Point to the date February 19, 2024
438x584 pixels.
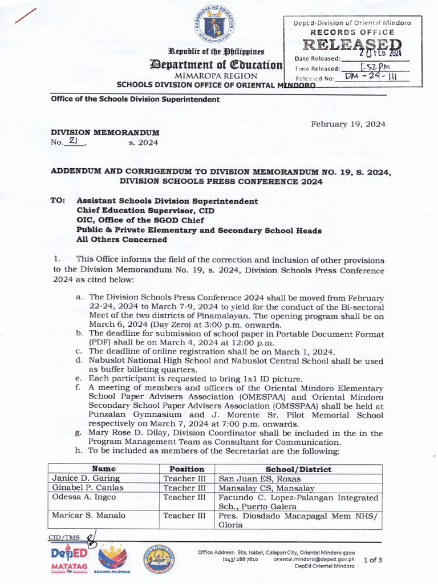(x=348, y=124)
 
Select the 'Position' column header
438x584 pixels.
(x=182, y=469)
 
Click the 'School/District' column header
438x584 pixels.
(x=299, y=469)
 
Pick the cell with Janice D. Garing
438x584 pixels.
(x=86, y=478)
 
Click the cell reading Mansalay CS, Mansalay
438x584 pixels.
(x=267, y=488)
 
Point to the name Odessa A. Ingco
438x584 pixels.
(x=84, y=497)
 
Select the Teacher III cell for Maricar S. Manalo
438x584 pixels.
(x=184, y=516)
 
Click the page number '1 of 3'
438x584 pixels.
(x=373, y=560)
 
